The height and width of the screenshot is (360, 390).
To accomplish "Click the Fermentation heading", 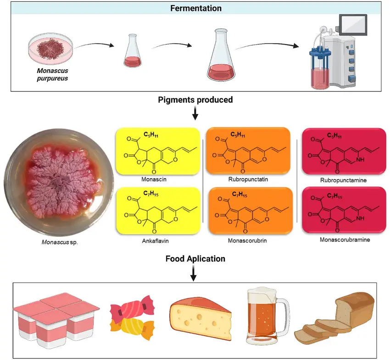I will [196, 8].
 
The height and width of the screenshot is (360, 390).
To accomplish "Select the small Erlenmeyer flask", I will [132, 52].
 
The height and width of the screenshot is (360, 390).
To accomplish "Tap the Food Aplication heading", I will [195, 259].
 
